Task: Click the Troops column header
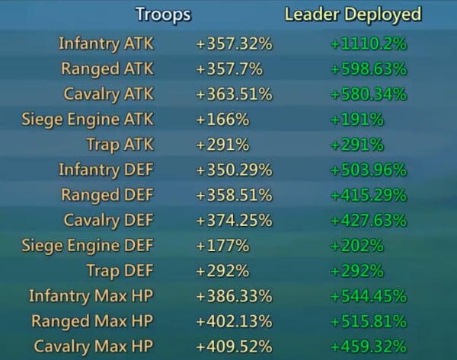(163, 14)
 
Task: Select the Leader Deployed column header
(352, 14)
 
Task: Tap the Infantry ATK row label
(106, 43)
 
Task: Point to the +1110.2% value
(368, 44)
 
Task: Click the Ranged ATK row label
(107, 68)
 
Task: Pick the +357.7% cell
(229, 69)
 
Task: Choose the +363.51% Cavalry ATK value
(234, 94)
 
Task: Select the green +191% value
(357, 119)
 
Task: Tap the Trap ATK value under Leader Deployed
(357, 145)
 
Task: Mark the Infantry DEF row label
(106, 169)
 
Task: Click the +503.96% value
(368, 170)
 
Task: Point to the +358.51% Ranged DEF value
(234, 195)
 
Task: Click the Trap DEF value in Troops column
(222, 271)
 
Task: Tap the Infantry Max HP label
(91, 295)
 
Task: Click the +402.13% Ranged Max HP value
(234, 321)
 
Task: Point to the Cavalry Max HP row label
(93, 346)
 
